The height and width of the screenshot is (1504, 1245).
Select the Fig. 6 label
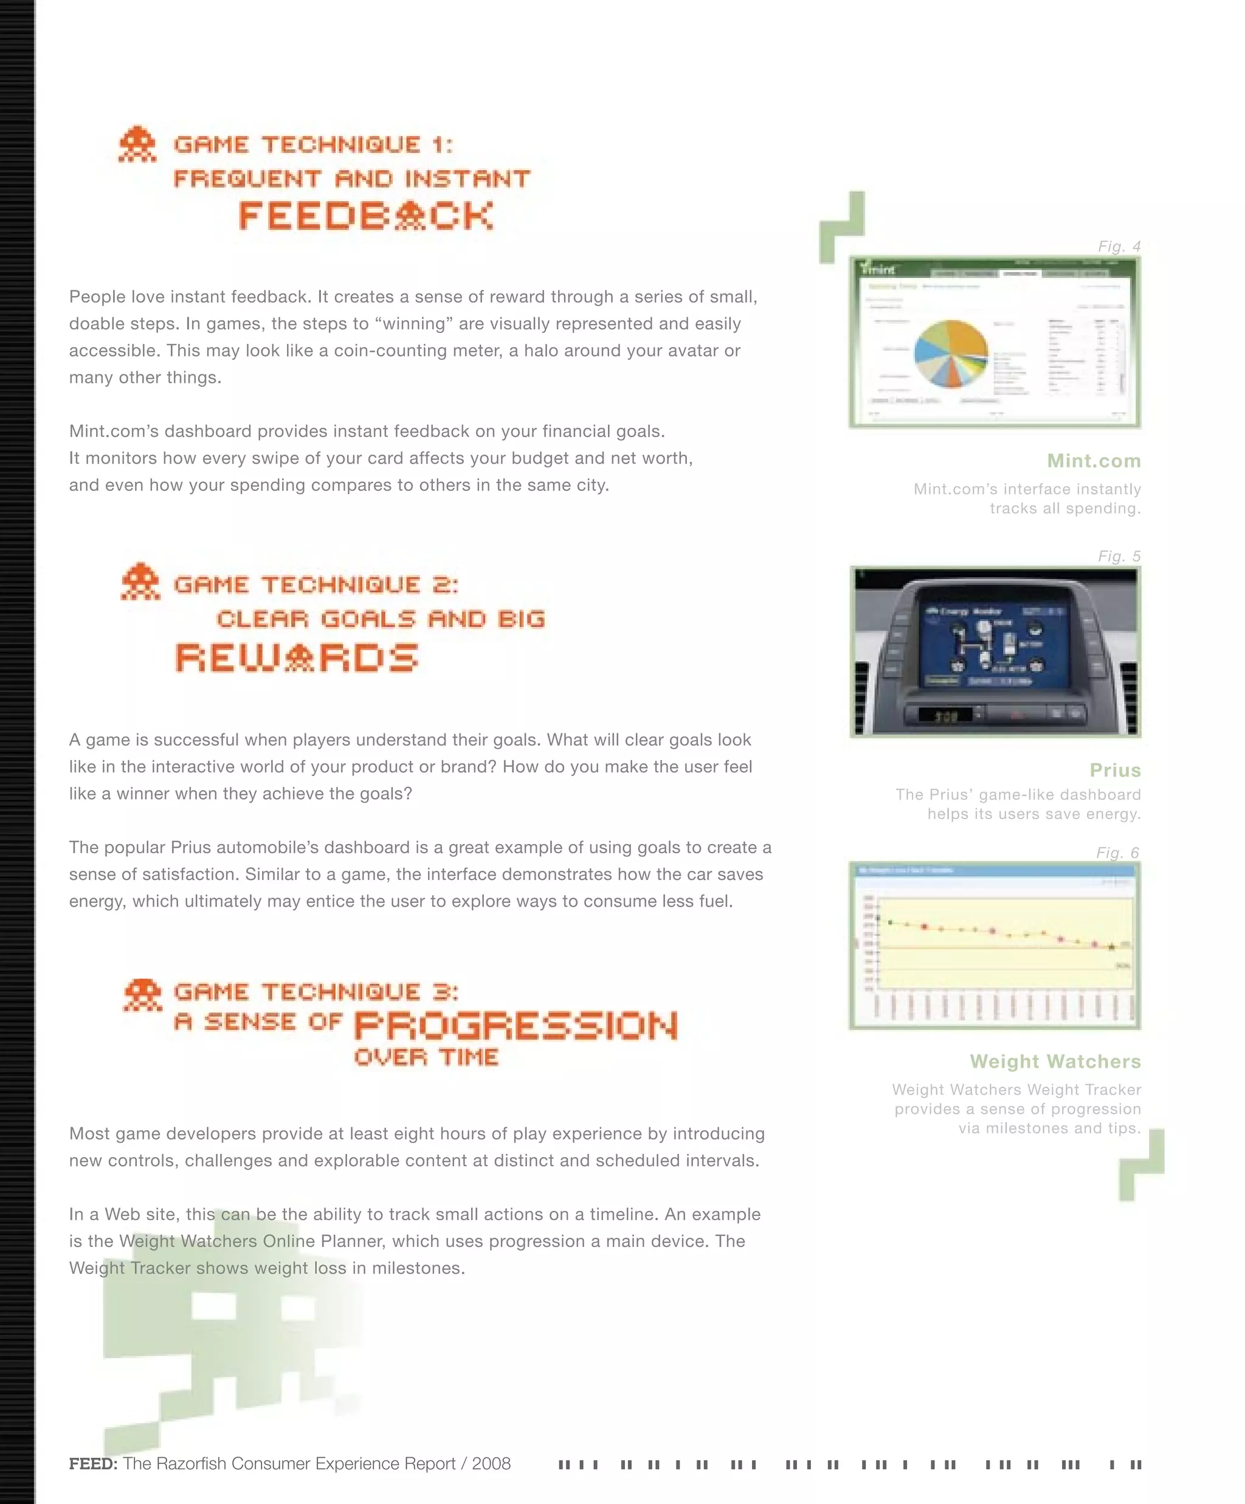pos(1117,852)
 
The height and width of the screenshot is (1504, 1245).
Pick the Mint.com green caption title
pos(1093,461)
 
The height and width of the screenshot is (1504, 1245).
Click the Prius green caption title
pos(1115,770)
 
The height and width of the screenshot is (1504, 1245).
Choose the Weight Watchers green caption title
pos(1055,1062)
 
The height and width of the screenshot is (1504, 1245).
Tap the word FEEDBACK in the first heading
pos(366,216)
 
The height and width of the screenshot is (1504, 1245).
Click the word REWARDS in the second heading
pos(297,658)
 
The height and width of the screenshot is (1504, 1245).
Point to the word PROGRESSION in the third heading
pos(516,1026)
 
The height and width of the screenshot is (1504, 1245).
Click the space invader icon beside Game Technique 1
pos(137,145)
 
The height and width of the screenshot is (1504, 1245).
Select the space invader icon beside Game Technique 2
pos(140,582)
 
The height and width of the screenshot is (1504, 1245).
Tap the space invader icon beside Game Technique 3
pos(142,995)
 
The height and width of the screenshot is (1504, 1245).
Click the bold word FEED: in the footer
pos(93,1464)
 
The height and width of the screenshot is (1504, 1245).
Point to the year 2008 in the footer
pos(491,1464)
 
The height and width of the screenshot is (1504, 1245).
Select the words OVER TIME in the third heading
pos(426,1057)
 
